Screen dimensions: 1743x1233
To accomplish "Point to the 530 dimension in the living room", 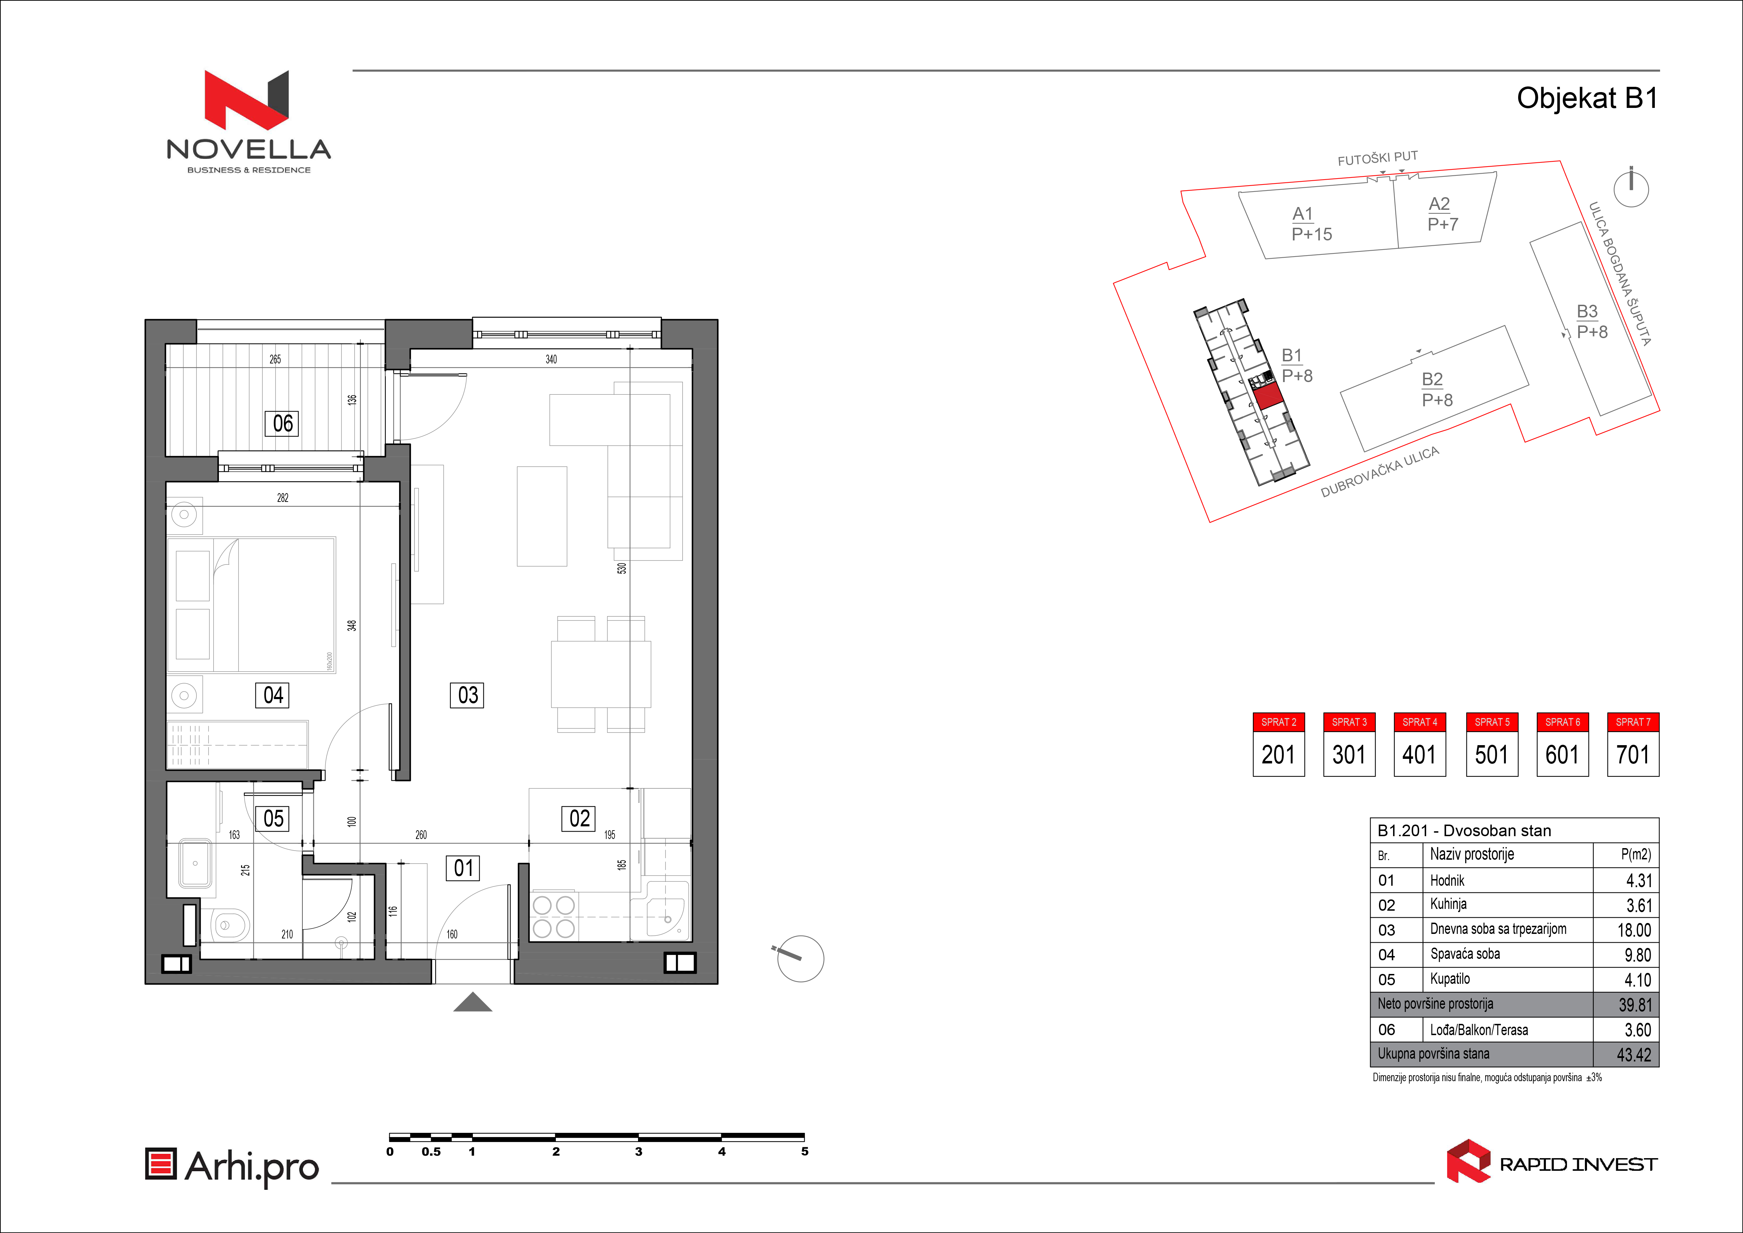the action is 622,568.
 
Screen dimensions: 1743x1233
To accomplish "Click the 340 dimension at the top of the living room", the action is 551,359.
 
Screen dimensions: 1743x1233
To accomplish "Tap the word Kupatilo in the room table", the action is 1450,979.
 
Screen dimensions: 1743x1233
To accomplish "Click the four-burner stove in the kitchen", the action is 553,916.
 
